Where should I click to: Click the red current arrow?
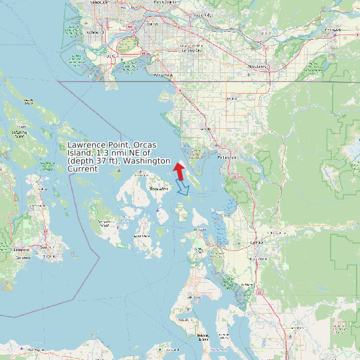[178, 171]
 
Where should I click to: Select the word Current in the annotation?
[82, 169]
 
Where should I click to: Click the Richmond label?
[93, 31]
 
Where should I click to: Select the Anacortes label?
[199, 229]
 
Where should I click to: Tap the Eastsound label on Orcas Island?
[157, 189]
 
